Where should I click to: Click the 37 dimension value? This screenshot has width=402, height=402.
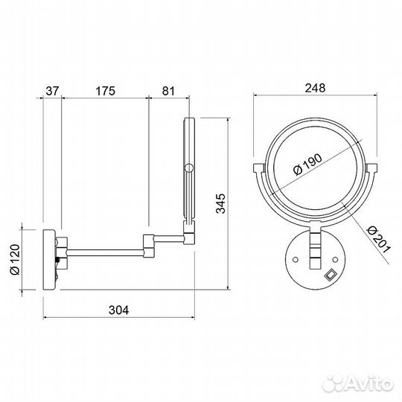(51, 92)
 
